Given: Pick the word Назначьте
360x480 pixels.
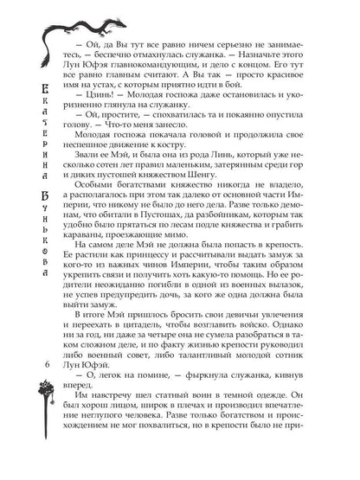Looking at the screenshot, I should click(285, 61).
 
